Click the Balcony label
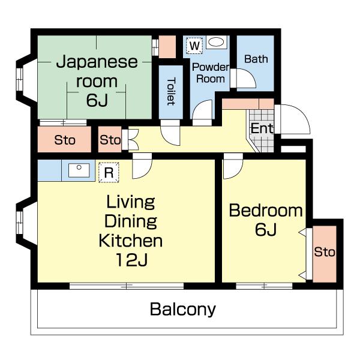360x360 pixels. click(182, 310)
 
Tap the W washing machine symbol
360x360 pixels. click(194, 45)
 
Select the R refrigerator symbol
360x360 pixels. click(109, 172)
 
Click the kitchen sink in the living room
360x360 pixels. click(79, 170)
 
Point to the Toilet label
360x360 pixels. click(170, 91)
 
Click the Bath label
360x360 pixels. click(256, 59)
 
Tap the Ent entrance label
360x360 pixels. click(262, 128)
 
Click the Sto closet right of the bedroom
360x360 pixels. click(324, 252)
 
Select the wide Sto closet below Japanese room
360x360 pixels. click(64, 140)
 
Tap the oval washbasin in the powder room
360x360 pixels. click(217, 43)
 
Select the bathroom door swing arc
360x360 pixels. click(246, 79)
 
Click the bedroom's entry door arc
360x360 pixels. click(233, 169)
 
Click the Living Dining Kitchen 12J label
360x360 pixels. click(130, 231)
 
